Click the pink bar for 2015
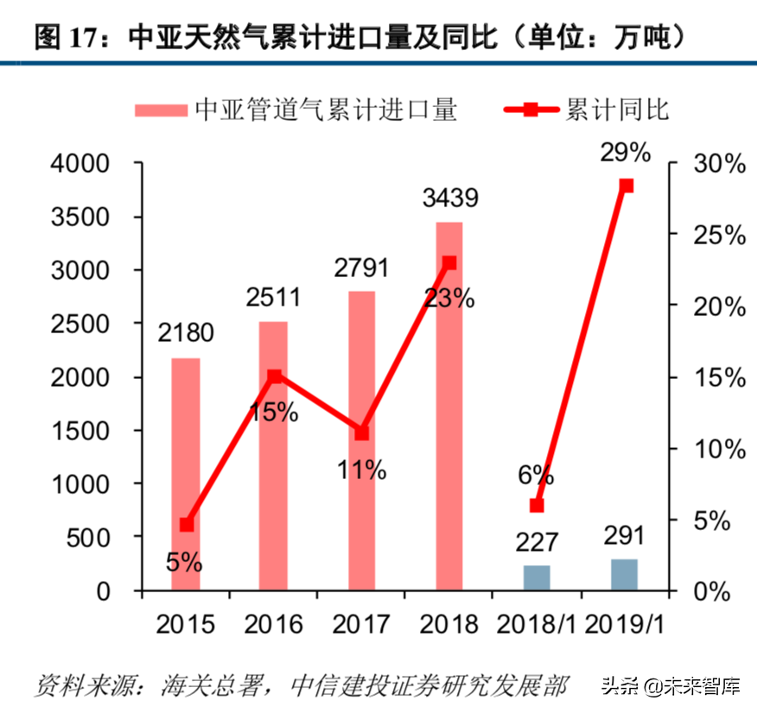coord(186,475)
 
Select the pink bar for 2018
coord(449,407)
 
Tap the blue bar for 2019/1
coord(624,575)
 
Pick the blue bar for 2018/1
coord(537,578)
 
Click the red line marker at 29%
coord(627,186)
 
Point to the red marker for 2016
coord(274,376)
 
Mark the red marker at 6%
coord(537,505)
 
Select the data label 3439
coord(449,199)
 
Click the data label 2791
coord(361,268)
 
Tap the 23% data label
coord(449,299)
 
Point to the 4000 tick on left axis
coord(81,164)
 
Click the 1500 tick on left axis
coord(81,431)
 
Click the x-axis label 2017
coord(361,624)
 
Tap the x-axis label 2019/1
coord(624,624)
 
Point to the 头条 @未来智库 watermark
coord(671,687)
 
